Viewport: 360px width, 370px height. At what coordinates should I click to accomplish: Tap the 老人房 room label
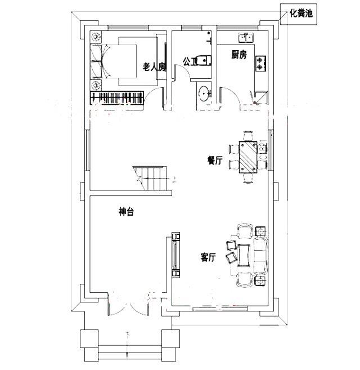coord(154,67)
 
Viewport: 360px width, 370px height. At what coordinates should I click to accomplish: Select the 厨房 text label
coord(239,55)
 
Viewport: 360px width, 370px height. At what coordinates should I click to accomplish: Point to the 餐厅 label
coord(215,161)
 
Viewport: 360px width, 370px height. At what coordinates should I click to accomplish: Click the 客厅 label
coord(209,258)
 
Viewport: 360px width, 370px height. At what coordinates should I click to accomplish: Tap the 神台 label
coord(126,212)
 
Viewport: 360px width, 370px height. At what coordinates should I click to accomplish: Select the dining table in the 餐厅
coord(247,156)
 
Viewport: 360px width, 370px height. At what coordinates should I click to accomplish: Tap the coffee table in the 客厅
coord(245,255)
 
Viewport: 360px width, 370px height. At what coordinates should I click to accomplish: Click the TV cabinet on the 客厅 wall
coord(175,255)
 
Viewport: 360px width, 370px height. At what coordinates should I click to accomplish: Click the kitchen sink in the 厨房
coord(246,38)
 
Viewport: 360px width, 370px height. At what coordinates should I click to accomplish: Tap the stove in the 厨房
coord(260,63)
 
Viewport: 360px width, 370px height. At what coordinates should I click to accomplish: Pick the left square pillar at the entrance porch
coord(89,340)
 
